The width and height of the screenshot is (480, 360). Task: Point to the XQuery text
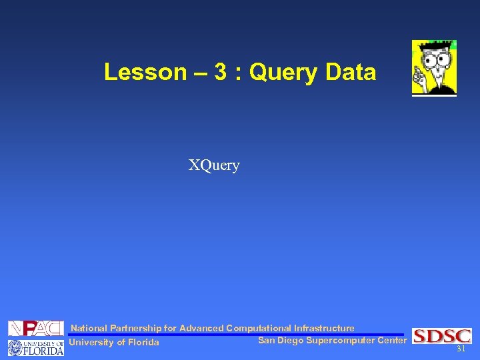coord(213,165)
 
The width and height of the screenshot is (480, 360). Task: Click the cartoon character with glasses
coord(434,70)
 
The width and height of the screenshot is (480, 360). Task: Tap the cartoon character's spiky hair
coord(434,45)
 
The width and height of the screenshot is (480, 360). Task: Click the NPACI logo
coord(36,328)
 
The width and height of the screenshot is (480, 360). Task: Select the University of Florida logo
coord(36,347)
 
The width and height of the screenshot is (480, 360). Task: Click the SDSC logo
coord(442,336)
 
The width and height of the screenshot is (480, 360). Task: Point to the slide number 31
coord(460,349)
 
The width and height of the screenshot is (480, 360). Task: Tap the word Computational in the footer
coord(259,328)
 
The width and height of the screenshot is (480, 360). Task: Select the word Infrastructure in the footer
coord(324,328)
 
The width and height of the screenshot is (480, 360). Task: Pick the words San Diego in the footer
coord(281,341)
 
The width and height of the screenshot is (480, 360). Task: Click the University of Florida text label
coord(114,343)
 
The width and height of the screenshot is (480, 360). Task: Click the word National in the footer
coord(89,328)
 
